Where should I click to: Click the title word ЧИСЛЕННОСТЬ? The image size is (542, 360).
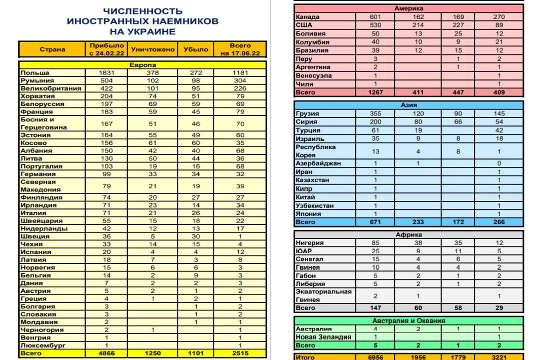pos(142,11)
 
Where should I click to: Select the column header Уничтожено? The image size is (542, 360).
pos(153,49)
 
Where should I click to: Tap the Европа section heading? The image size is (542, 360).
pos(143,65)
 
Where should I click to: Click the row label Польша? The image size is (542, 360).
pos(35,72)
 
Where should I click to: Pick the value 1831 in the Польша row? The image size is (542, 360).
pos(107,72)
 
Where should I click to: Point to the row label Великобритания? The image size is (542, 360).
pos(50,88)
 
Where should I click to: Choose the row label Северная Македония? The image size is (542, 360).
pos(40,185)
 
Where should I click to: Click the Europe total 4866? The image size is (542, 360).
pos(107,353)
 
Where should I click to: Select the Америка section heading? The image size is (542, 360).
pos(409,8)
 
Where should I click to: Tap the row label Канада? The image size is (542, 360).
pos(308,17)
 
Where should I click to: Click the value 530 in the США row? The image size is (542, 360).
pos(375,25)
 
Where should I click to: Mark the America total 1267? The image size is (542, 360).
pos(375,92)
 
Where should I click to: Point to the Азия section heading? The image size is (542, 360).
pos(409,105)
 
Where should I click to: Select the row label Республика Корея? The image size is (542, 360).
pos(315,151)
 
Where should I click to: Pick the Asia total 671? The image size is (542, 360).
pos(375,222)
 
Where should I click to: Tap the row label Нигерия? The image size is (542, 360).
pos(310,243)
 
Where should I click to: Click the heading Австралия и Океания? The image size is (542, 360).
pos(409,320)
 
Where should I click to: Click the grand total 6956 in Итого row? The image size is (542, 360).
pos(375,357)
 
